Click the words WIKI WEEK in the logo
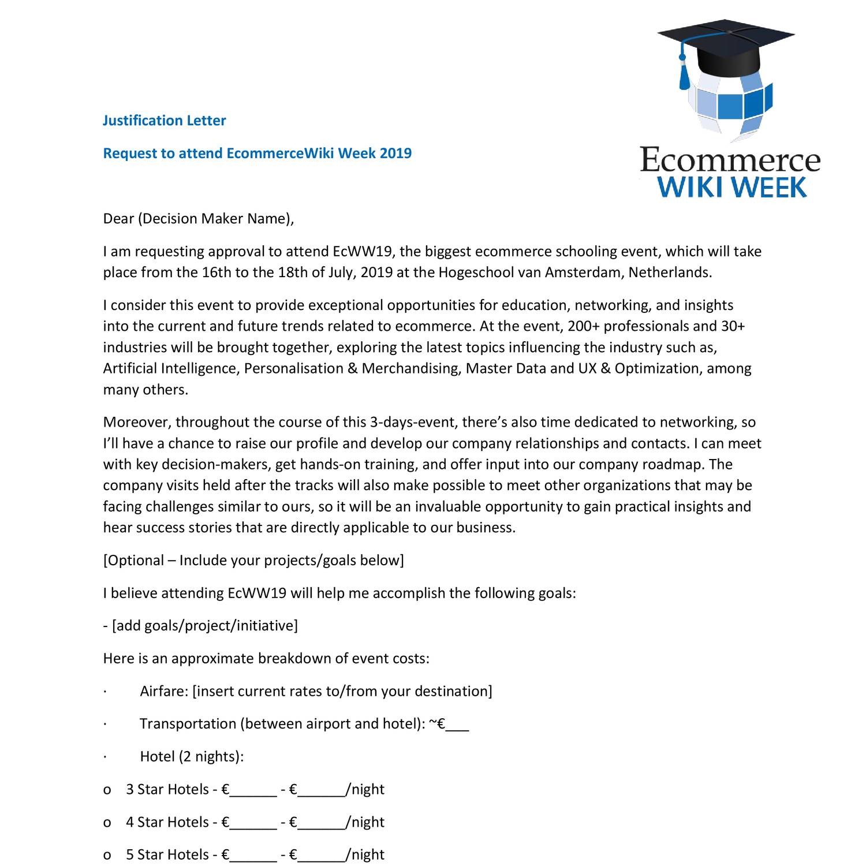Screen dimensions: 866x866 732,188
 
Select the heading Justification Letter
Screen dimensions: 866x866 164,121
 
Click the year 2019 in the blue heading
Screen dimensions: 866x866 395,154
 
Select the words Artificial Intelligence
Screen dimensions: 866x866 170,368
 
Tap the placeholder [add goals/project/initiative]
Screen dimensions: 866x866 204,626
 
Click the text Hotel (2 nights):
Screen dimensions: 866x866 192,756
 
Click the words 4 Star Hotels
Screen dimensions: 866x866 167,822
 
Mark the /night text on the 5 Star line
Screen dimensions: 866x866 365,854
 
